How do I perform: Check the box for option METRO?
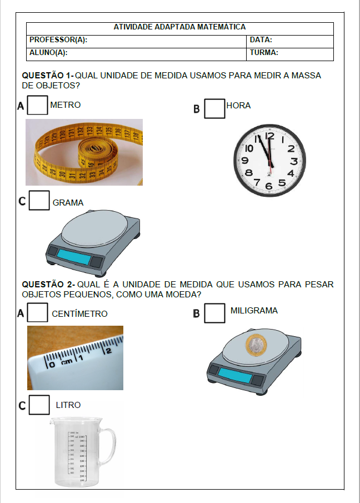37,106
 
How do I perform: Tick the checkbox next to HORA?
214,108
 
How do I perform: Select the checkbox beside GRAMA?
39,201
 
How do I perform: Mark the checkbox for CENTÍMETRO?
37,312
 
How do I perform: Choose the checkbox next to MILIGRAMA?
214,313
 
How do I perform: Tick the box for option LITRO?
39,405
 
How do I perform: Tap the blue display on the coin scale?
233,374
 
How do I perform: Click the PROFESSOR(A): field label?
58,41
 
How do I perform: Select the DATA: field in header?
261,41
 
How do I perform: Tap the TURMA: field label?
264,53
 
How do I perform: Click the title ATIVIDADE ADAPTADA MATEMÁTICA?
179,27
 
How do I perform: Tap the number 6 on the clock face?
269,186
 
